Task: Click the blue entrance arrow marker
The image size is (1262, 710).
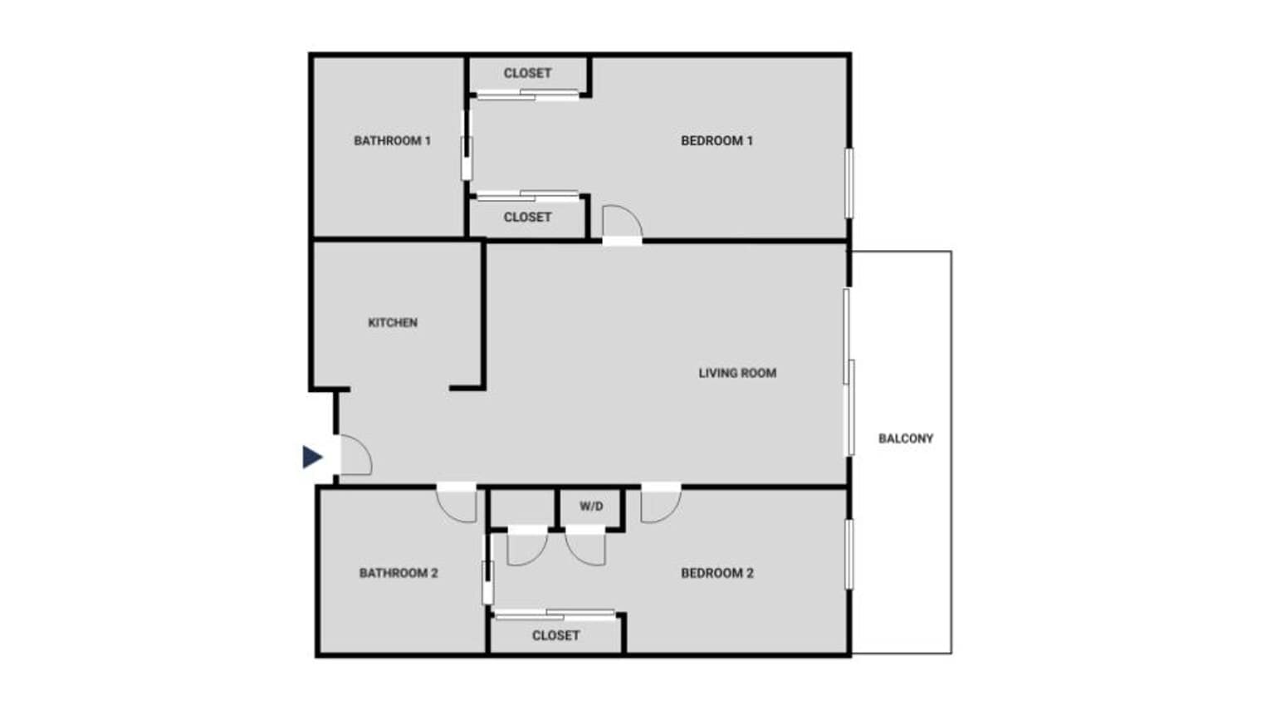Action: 312,457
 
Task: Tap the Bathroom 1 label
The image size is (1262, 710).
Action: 392,141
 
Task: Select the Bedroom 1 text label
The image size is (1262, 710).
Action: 717,141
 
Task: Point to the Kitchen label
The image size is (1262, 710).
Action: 393,322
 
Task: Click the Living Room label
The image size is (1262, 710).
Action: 737,373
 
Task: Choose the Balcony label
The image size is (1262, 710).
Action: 906,438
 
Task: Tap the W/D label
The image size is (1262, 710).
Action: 591,507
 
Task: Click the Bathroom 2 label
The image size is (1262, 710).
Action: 399,573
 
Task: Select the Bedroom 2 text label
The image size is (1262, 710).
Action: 717,573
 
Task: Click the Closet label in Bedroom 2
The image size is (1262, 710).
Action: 555,635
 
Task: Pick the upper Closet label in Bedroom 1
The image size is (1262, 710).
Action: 527,73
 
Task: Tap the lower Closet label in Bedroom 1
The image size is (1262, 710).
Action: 527,217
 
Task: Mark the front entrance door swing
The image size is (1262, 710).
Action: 355,456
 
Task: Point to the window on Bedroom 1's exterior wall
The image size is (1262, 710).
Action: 849,183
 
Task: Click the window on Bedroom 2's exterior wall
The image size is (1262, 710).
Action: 849,554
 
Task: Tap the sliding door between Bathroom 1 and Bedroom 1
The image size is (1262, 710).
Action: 467,146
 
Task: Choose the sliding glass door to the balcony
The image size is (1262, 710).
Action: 849,372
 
